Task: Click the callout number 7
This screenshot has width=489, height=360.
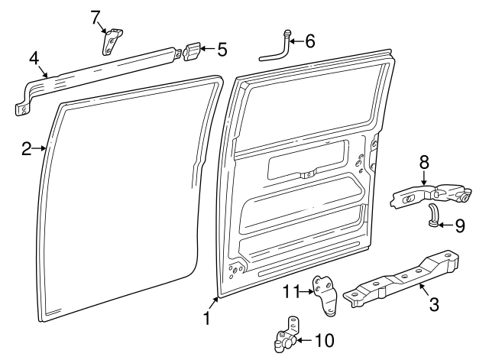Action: [96, 18]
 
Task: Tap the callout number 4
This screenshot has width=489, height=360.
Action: [34, 58]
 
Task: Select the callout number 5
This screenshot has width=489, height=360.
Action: [222, 50]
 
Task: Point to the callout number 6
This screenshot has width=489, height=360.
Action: [310, 41]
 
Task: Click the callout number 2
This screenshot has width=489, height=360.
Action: [27, 149]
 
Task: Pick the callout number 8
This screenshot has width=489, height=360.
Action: [424, 163]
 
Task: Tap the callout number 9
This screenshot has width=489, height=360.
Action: [460, 225]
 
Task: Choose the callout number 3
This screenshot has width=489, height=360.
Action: [434, 304]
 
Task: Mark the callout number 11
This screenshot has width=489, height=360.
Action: [290, 292]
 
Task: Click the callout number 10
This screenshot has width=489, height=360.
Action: [324, 340]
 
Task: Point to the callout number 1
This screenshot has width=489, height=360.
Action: [206, 319]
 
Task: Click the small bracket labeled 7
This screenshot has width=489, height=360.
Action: [112, 42]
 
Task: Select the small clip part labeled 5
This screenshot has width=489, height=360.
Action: [192, 52]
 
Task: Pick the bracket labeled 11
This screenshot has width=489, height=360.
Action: [326, 296]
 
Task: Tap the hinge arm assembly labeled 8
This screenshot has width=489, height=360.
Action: [431, 195]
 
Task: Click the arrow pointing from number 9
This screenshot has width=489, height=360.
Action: [445, 225]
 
